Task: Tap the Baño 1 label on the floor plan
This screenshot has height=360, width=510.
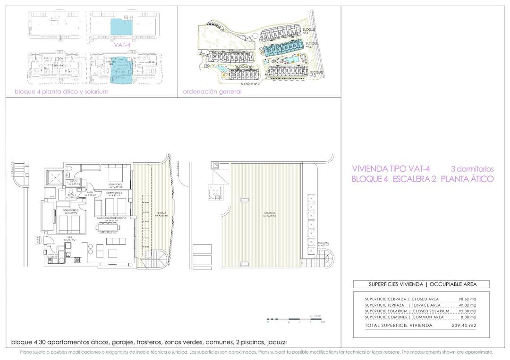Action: [74, 181]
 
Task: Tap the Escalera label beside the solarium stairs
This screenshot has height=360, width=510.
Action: [323, 243]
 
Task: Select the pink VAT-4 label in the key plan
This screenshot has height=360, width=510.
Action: [122, 46]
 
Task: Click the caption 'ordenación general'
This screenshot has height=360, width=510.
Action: [212, 92]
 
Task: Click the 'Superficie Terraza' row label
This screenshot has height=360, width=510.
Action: [385, 305]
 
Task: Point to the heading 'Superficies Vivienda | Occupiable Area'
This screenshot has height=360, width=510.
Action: [422, 285]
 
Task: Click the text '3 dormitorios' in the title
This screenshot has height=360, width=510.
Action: [473, 168]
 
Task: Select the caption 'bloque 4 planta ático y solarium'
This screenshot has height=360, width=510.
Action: [61, 92]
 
